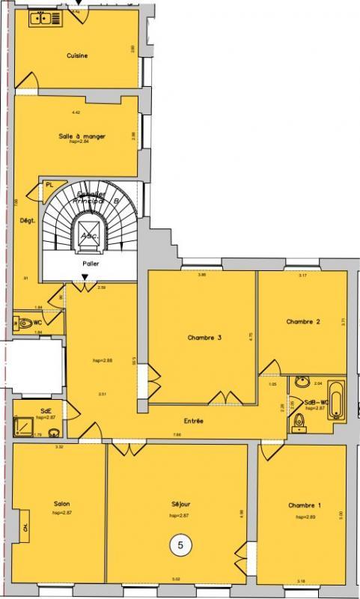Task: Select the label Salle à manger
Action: click(x=82, y=136)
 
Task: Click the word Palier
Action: click(x=91, y=264)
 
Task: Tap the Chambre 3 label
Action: click(x=204, y=337)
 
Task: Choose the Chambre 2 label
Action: click(x=303, y=322)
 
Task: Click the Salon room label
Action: click(x=62, y=503)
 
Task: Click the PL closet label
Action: click(x=50, y=184)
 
